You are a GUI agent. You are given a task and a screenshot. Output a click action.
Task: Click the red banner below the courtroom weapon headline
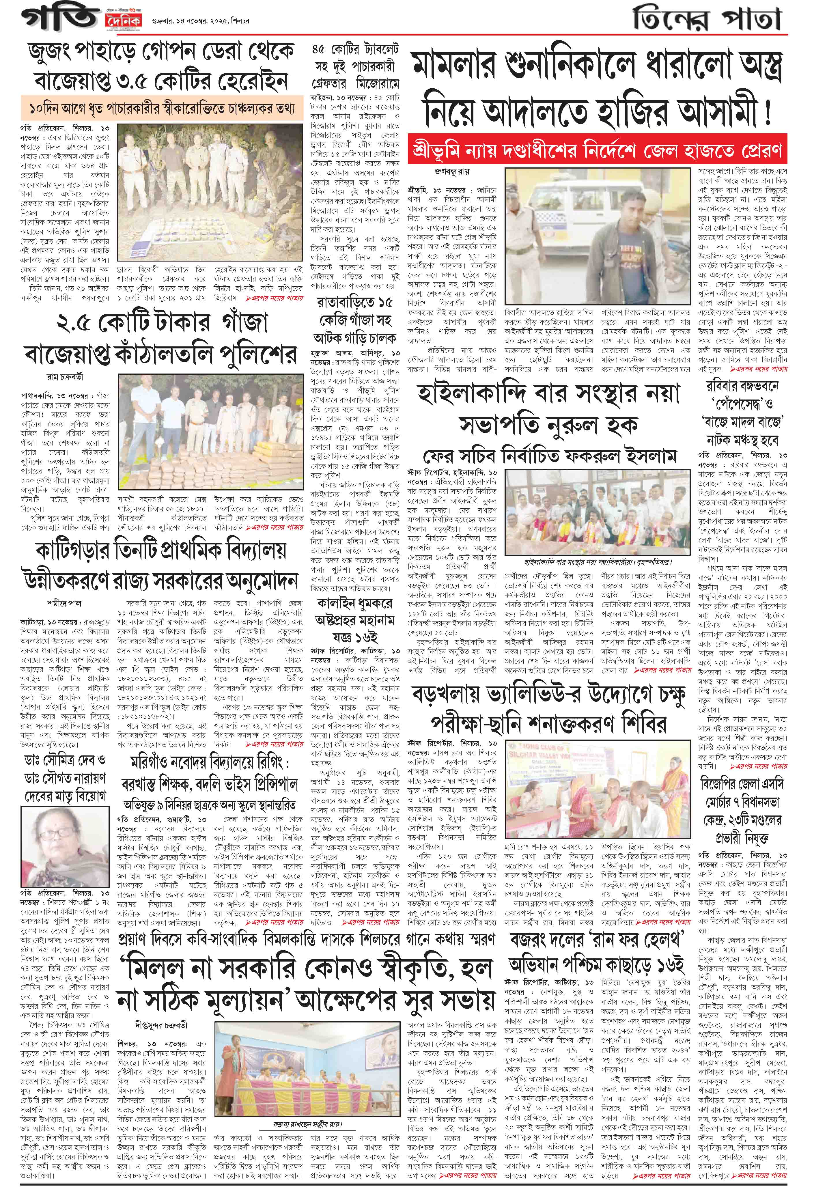point(597,150)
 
